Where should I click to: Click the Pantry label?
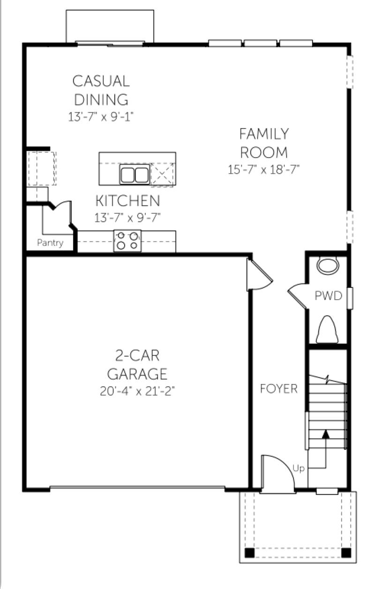(x=50, y=243)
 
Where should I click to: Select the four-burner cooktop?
(x=127, y=241)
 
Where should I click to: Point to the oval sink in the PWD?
(x=328, y=266)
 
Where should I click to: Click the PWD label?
(x=329, y=296)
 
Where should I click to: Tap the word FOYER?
(x=279, y=389)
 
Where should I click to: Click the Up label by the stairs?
(x=299, y=468)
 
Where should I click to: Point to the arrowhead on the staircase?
(x=326, y=434)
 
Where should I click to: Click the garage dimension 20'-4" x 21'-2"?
(x=137, y=391)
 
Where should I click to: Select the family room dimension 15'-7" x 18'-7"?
(x=263, y=169)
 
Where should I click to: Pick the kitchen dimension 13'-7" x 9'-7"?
(x=127, y=218)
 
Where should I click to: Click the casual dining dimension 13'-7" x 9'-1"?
(x=101, y=117)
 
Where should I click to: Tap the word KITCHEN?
(x=127, y=201)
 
